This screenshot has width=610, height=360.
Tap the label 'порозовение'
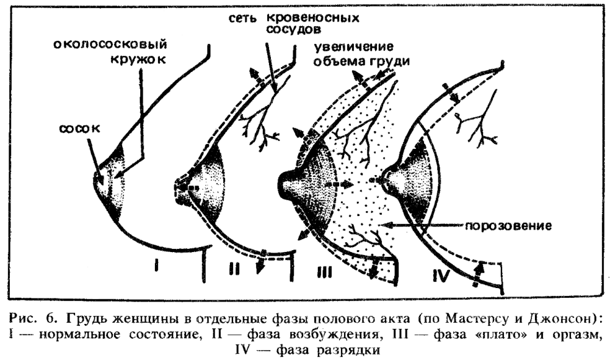click(509, 226)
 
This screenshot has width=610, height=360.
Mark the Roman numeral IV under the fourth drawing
click(441, 276)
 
